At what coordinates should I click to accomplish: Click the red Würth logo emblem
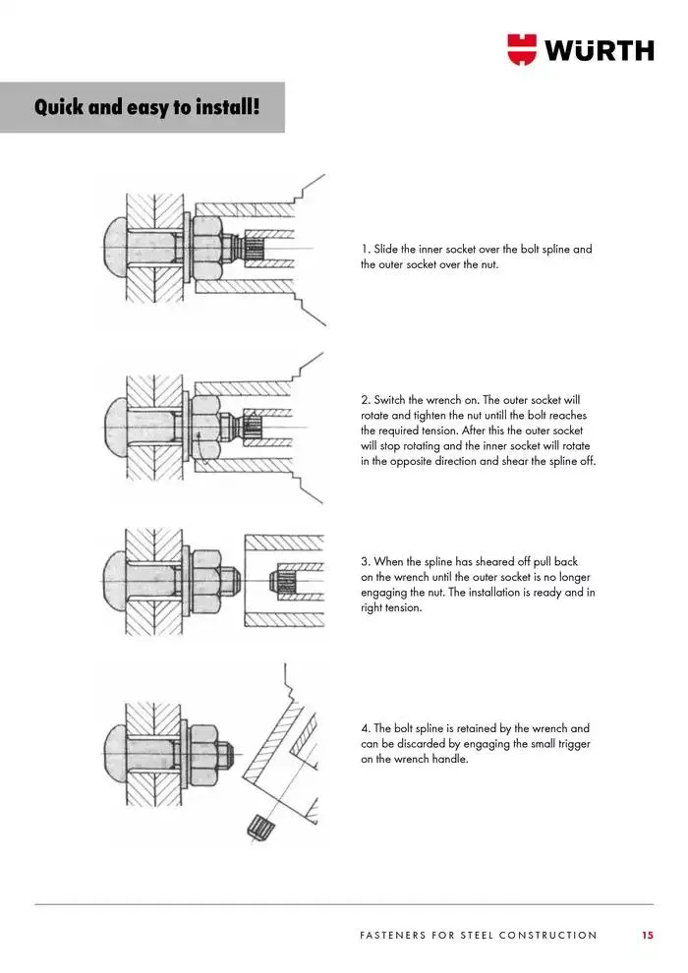click(523, 49)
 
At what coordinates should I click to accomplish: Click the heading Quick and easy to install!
click(146, 106)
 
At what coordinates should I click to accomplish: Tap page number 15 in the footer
click(647, 935)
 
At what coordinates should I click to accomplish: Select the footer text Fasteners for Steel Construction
click(479, 935)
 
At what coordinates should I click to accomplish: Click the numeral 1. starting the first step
click(366, 250)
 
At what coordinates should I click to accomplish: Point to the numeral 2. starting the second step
click(366, 401)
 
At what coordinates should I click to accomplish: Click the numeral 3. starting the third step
click(366, 562)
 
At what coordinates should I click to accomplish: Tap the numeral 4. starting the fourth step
click(366, 729)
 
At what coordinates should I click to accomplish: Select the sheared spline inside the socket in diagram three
click(289, 582)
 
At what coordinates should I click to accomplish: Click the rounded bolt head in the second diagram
click(114, 421)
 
